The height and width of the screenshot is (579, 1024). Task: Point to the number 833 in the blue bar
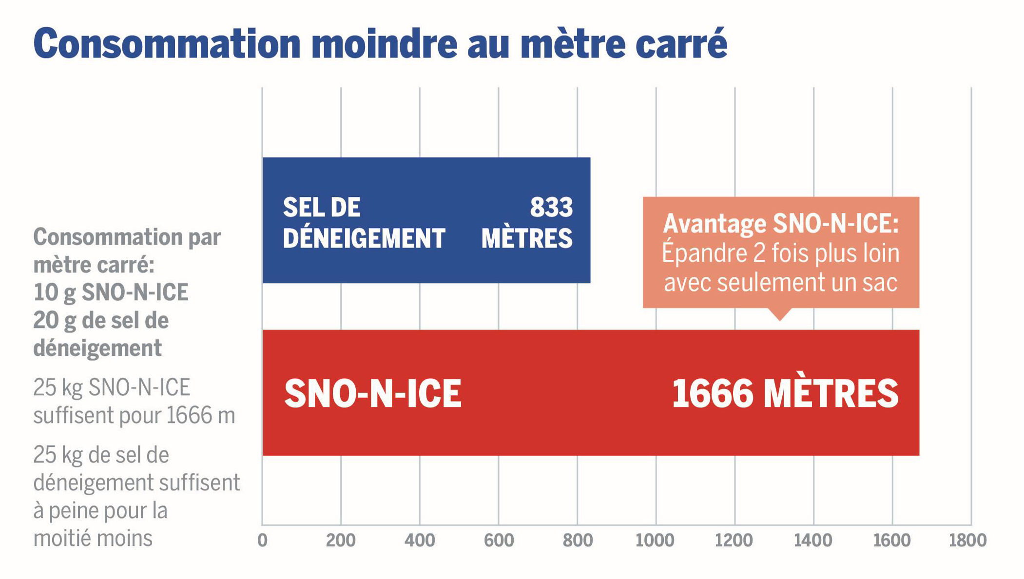551,207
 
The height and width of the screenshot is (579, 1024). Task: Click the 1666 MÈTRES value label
785,393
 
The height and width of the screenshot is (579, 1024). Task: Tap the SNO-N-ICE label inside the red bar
373,393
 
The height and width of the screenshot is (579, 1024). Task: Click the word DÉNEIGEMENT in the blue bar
364,238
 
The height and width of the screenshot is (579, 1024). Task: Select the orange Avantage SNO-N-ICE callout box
780,252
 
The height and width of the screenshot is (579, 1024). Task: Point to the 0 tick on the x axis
262,540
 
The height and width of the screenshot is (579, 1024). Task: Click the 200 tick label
341,540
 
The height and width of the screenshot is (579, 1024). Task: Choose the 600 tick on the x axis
499,540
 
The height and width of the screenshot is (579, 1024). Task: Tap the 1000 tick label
655,540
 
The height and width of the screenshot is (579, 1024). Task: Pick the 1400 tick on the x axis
813,540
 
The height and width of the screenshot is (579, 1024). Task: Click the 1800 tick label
967,540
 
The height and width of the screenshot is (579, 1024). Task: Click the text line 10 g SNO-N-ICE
111,292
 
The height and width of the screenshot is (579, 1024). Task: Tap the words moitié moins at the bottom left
93,539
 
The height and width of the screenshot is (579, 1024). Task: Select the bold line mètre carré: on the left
94,265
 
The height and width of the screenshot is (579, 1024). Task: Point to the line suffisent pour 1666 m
134,416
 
